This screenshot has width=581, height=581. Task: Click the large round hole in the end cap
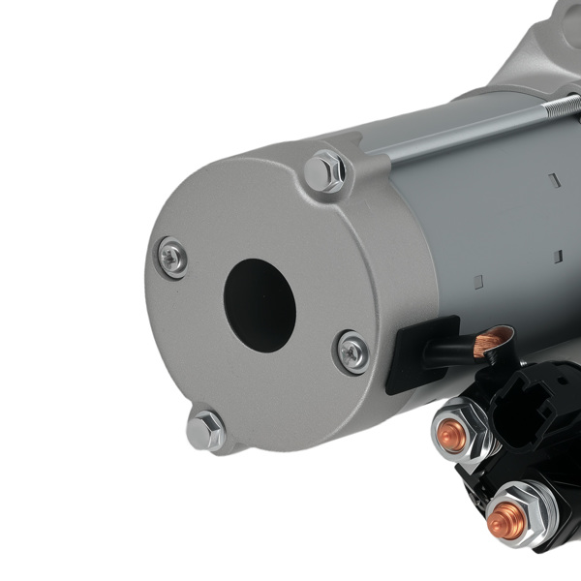[x=260, y=305]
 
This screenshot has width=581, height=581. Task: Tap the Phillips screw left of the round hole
[x=172, y=258]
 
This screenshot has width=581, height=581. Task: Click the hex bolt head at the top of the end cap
[x=324, y=172]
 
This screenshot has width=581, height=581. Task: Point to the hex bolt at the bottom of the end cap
[x=206, y=430]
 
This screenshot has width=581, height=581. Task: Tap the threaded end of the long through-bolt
[x=563, y=106]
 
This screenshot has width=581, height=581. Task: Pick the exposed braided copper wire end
[x=493, y=341]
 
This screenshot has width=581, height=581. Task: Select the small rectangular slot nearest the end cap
[x=477, y=282]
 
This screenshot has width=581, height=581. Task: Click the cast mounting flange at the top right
[x=542, y=48]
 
